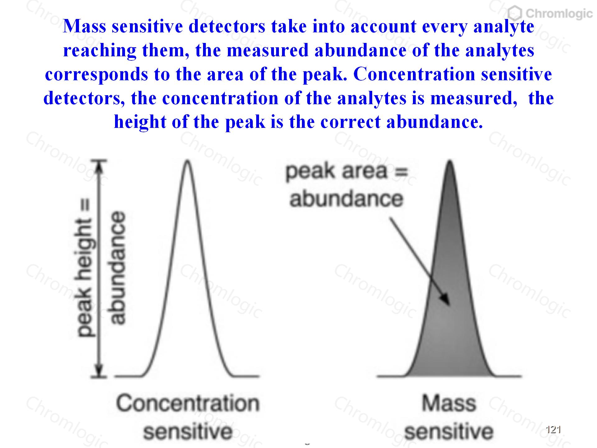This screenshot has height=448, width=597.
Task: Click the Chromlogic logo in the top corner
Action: [550, 13]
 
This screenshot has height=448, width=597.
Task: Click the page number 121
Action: [553, 430]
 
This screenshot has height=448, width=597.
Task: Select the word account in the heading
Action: [384, 27]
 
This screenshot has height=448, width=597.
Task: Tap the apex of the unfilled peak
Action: [187, 161]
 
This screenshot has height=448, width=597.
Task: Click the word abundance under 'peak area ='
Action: [346, 199]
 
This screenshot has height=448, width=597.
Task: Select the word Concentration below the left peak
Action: [187, 404]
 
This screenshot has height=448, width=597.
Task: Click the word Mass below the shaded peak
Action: [449, 404]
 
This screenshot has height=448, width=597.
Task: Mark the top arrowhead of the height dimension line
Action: [99, 166]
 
